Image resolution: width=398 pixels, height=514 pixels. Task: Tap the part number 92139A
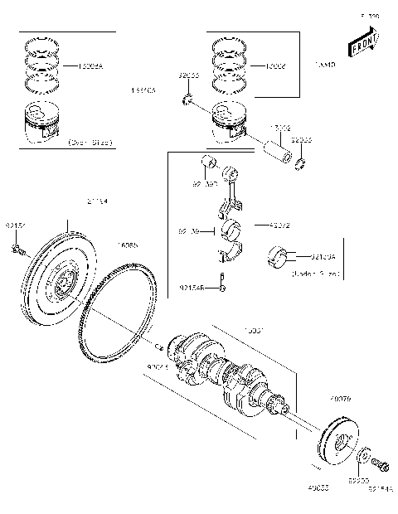point(319,259)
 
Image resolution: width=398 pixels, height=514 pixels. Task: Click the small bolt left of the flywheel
point(17,249)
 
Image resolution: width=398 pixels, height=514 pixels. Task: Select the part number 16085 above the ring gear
point(129,245)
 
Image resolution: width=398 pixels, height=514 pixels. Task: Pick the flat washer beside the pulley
point(362,458)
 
